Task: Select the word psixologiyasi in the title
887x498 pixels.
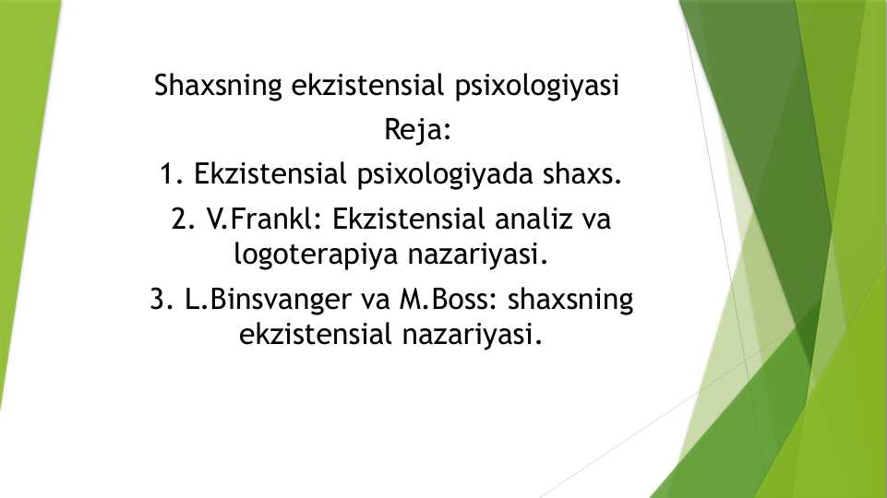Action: [537, 87]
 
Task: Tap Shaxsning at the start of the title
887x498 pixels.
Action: [218, 87]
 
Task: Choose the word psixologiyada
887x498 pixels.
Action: [445, 174]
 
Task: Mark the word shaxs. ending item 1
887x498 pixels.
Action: [582, 174]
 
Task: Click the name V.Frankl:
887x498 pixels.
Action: [264, 219]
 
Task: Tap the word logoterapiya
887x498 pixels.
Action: [317, 255]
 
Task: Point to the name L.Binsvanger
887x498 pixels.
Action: [268, 300]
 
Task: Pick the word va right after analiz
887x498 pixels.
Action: [596, 220]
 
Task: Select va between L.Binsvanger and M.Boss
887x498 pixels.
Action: [375, 301]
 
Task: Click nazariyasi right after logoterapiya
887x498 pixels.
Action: [478, 255]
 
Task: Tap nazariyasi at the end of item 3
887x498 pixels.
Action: [473, 335]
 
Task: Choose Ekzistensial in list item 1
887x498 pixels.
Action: [270, 174]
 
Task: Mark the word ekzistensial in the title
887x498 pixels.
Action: [367, 86]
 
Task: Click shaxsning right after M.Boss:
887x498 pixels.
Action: [570, 300]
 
